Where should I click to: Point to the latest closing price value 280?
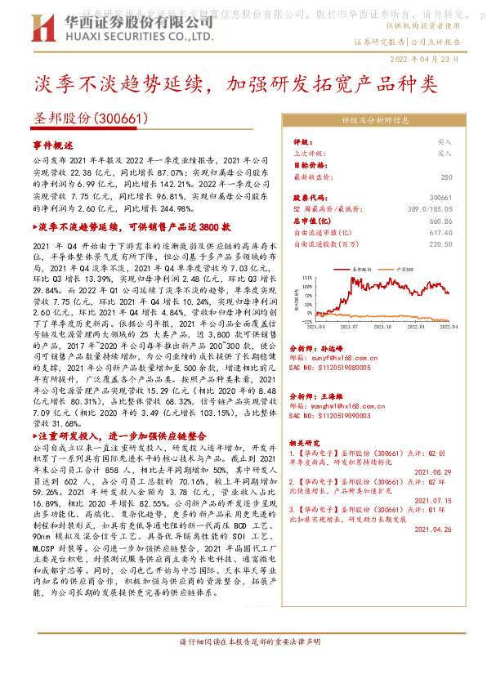coord(445,176)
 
